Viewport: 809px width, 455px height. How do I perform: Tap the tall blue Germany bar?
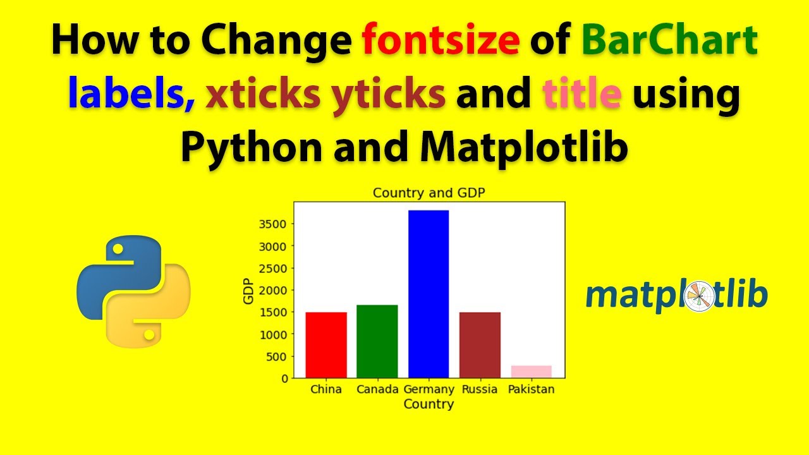click(429, 294)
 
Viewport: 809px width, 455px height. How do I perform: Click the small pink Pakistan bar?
click(531, 372)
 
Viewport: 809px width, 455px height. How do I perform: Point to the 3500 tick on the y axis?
click(275, 224)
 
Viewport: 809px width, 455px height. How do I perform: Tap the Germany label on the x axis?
click(429, 389)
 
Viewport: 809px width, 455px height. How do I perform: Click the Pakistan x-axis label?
click(531, 389)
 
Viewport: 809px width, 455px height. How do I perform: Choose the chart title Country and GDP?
click(429, 193)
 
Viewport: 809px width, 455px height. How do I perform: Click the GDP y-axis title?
click(248, 291)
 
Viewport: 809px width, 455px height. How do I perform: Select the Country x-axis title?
click(429, 404)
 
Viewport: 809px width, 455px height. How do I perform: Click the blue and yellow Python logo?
click(133, 291)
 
